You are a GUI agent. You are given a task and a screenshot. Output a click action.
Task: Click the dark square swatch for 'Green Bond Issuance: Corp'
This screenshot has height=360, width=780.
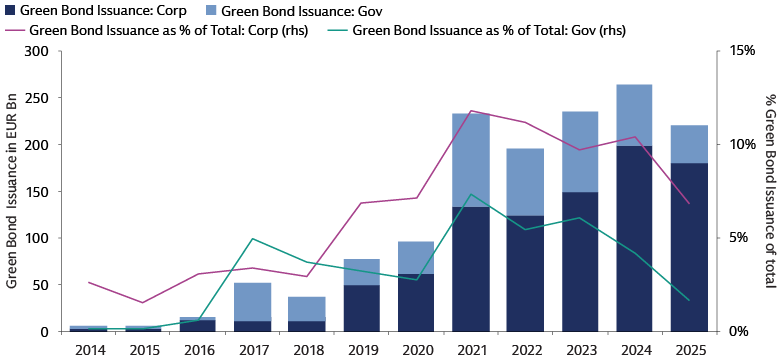(10, 11)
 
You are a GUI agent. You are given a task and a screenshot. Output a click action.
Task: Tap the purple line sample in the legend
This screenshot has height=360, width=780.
(16, 31)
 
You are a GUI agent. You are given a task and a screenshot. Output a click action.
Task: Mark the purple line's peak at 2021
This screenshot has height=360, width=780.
(471, 111)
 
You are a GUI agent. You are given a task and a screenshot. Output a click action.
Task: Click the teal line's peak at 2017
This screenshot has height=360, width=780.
(253, 239)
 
